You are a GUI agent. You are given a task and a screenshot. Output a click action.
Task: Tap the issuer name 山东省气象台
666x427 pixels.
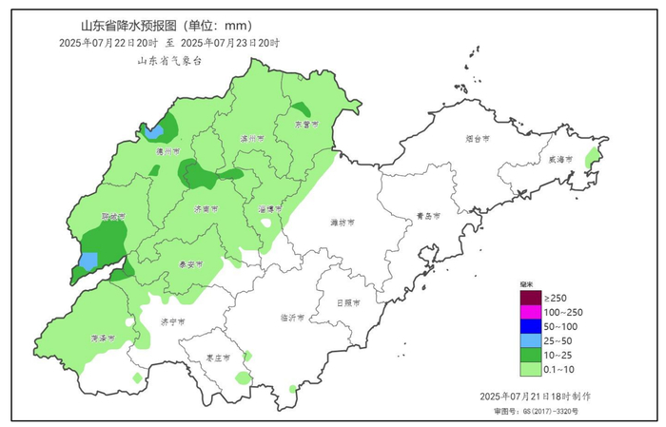tap(169, 60)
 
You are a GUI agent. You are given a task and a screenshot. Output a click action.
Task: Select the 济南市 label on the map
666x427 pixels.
tap(206, 207)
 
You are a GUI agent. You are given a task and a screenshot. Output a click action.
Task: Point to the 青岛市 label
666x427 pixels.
tap(429, 216)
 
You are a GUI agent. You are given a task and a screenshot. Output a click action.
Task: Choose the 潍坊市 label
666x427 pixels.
tap(343, 223)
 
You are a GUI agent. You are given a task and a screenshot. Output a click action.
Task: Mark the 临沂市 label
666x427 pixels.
tap(293, 318)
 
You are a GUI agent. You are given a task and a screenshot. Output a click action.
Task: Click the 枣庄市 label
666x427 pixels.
tap(206, 358)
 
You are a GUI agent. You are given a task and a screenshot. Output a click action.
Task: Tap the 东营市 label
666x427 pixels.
tap(304, 125)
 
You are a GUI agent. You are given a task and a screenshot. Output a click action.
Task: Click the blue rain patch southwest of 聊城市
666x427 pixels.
tap(88, 260)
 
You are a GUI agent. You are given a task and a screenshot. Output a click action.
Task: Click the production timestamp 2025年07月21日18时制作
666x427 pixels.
tap(540, 395)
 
